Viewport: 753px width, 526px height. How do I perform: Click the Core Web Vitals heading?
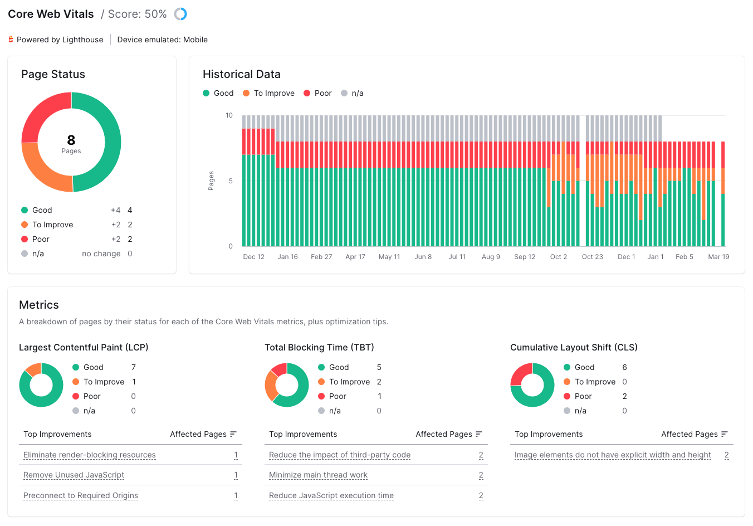pyautogui.click(x=51, y=14)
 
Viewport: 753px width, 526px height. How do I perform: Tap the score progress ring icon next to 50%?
pyautogui.click(x=180, y=14)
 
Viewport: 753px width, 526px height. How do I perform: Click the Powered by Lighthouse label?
pyautogui.click(x=60, y=40)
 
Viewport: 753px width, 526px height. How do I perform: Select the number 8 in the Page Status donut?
pyautogui.click(x=71, y=140)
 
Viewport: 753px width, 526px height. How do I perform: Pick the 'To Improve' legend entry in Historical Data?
pyautogui.click(x=268, y=93)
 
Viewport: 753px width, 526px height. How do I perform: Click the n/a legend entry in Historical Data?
pyautogui.click(x=352, y=93)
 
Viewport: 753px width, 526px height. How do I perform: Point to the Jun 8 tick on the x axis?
pyautogui.click(x=423, y=257)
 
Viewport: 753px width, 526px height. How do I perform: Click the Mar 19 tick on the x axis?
pyautogui.click(x=718, y=257)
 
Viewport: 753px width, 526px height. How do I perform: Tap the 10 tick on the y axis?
pyautogui.click(x=229, y=115)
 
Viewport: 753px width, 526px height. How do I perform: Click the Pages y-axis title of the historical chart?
pyautogui.click(x=211, y=181)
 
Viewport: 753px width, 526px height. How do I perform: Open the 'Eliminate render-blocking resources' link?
pyautogui.click(x=90, y=455)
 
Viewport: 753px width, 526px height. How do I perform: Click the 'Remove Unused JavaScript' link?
pyautogui.click(x=74, y=475)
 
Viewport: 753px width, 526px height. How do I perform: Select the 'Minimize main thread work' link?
pyautogui.click(x=318, y=475)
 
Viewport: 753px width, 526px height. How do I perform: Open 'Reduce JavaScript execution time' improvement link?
pyautogui.click(x=331, y=495)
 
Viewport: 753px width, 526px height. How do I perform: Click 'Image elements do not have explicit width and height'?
pyautogui.click(x=613, y=455)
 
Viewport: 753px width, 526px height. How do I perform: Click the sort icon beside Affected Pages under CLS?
pyautogui.click(x=724, y=434)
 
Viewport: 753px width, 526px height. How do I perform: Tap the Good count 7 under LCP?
pyautogui.click(x=134, y=367)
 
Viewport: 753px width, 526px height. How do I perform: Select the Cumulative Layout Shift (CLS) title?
pyautogui.click(x=574, y=347)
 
